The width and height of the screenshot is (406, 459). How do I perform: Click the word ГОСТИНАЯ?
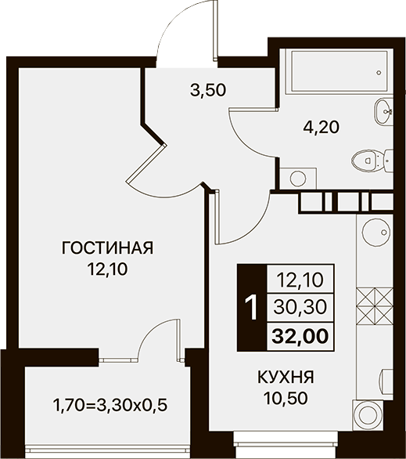(x=108, y=248)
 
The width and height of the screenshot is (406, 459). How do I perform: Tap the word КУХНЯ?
(x=286, y=377)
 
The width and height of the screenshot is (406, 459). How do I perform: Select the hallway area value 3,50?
(x=208, y=90)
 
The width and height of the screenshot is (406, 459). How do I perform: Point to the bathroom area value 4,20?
(x=321, y=128)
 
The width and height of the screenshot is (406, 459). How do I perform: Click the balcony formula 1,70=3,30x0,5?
(x=110, y=406)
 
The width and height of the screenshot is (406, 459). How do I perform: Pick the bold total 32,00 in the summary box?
(x=300, y=336)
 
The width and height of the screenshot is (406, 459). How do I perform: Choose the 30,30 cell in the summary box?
(x=300, y=307)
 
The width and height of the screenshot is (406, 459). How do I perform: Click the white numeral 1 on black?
(x=251, y=308)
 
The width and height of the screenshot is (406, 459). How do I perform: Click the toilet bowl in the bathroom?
(x=372, y=161)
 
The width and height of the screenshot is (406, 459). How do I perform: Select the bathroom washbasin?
(x=383, y=111)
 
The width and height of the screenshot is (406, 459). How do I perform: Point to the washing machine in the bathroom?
(x=298, y=179)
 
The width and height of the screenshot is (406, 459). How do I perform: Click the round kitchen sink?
(x=376, y=232)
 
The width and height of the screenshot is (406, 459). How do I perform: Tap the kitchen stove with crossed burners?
(x=375, y=306)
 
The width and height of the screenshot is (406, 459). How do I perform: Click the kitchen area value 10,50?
(x=286, y=398)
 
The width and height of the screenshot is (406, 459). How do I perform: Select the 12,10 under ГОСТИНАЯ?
(x=108, y=269)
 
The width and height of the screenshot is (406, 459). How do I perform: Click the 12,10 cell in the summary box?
(x=300, y=280)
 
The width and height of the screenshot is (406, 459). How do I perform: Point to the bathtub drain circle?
(x=379, y=73)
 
